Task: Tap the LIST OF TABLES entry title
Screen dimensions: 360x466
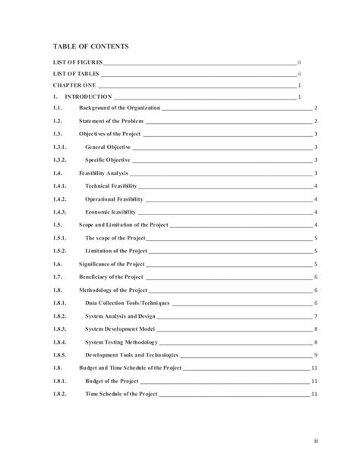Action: (x=74, y=74)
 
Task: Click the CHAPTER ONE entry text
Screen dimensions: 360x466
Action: (x=74, y=86)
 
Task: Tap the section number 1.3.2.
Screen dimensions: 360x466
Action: (x=59, y=160)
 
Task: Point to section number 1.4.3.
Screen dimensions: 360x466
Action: (x=59, y=212)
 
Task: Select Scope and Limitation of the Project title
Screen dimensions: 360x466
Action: (x=123, y=225)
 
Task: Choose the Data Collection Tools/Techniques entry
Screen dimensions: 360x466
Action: (x=128, y=303)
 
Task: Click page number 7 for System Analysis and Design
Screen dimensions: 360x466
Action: (x=315, y=316)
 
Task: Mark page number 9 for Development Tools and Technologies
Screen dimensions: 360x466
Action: (x=315, y=355)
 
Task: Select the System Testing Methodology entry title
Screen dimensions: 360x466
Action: (x=122, y=342)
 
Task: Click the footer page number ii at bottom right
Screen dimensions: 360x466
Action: (x=321, y=439)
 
